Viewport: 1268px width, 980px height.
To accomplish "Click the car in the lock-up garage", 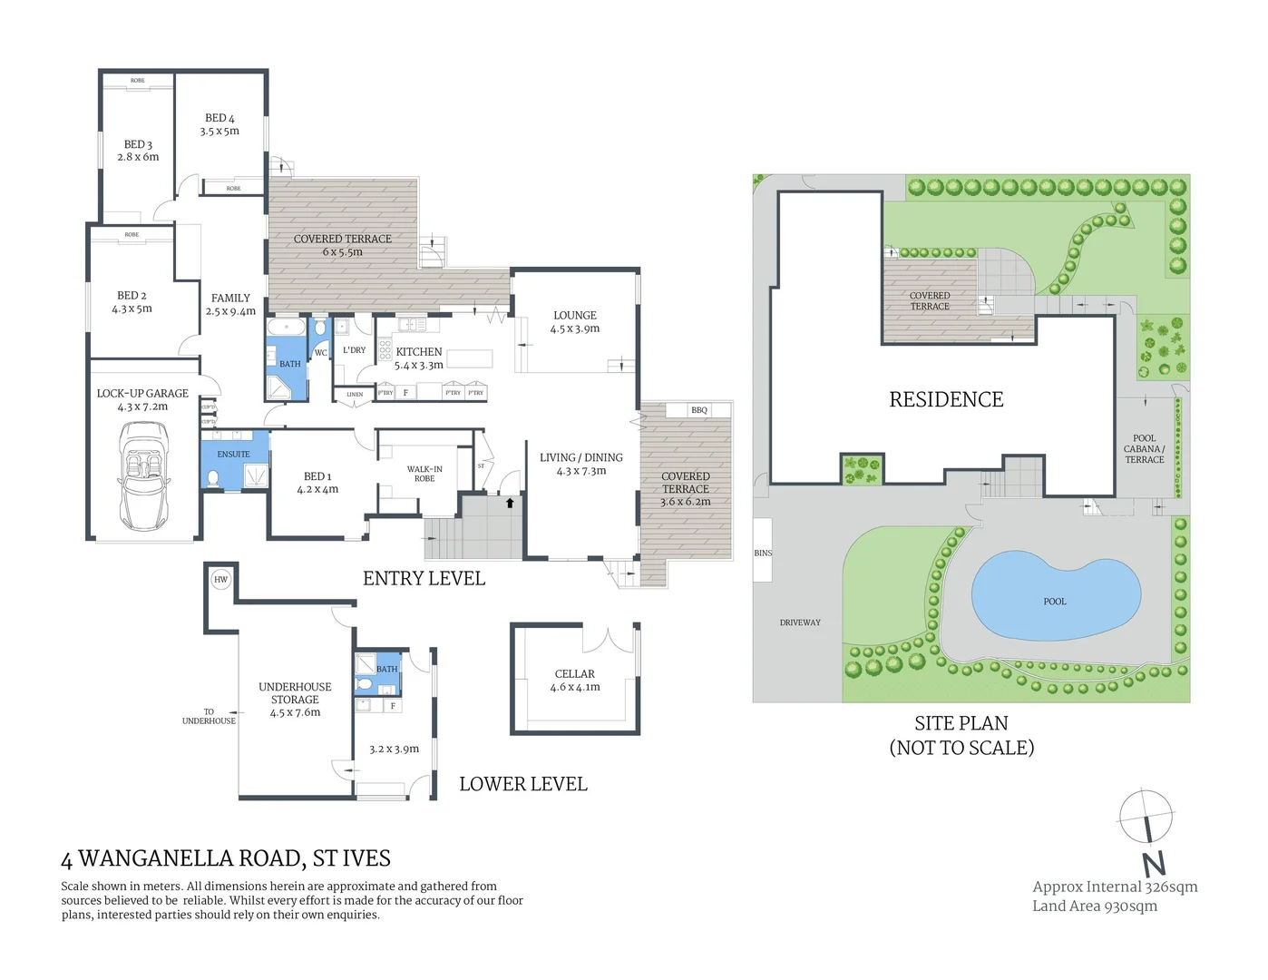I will pyautogui.click(x=143, y=475).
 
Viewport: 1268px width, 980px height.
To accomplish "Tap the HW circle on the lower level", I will pyautogui.click(x=220, y=579).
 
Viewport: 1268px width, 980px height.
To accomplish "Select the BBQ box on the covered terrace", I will pyautogui.click(x=698, y=410).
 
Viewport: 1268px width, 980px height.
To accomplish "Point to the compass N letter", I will pyautogui.click(x=1153, y=863).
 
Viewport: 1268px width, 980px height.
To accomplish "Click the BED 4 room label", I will pyautogui.click(x=219, y=124).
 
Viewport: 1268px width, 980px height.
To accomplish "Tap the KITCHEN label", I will pyautogui.click(x=419, y=352).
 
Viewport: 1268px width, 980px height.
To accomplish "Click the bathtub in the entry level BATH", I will pyautogui.click(x=287, y=326).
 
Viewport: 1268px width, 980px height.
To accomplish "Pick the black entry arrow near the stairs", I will pyautogui.click(x=510, y=503).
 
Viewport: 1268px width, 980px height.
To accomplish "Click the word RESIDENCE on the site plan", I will pyautogui.click(x=946, y=399).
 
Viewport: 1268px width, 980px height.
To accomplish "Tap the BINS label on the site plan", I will pyautogui.click(x=763, y=553).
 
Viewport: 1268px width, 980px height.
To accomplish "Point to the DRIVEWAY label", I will pyautogui.click(x=800, y=622).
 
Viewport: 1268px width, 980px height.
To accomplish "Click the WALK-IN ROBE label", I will pyautogui.click(x=424, y=474).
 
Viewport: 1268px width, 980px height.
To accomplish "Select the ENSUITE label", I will pyautogui.click(x=233, y=454).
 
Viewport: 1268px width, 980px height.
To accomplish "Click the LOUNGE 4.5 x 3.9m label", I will pyautogui.click(x=575, y=322).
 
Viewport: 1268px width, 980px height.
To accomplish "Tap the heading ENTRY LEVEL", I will pyautogui.click(x=424, y=578).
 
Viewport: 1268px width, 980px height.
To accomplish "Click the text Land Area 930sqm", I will pyautogui.click(x=1094, y=906).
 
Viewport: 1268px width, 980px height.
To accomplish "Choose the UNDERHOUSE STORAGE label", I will pyautogui.click(x=295, y=699).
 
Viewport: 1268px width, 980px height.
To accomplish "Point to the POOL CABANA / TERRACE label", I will pyautogui.click(x=1144, y=448).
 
